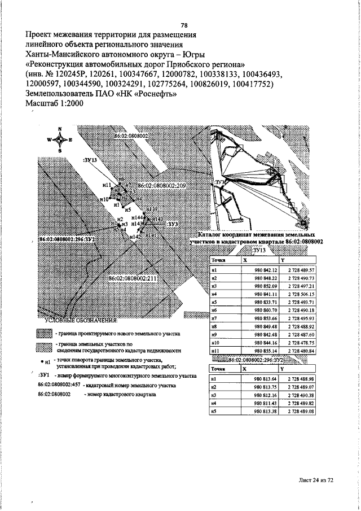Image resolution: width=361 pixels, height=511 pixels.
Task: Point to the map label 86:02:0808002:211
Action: click(x=133, y=278)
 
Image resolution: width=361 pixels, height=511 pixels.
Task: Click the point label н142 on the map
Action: click(x=135, y=237)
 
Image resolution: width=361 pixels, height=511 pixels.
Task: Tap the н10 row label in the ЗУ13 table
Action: click(x=214, y=342)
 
